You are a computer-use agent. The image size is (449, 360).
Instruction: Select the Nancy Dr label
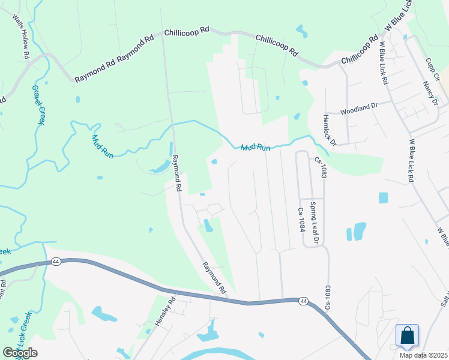click(x=430, y=93)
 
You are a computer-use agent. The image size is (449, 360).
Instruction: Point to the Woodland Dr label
click(x=358, y=109)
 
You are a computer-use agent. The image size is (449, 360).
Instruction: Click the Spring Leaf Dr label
click(x=313, y=223)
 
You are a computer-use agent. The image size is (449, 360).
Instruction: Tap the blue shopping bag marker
click(x=407, y=336)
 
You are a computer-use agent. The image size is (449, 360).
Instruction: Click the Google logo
click(x=20, y=352)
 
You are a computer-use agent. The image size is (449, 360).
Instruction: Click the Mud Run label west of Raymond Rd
click(x=102, y=146)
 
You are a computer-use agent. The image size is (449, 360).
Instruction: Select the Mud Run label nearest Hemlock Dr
click(x=256, y=147)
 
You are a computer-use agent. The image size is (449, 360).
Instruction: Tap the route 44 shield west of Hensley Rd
click(x=55, y=262)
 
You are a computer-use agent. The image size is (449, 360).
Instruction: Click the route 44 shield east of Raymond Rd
click(x=303, y=301)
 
